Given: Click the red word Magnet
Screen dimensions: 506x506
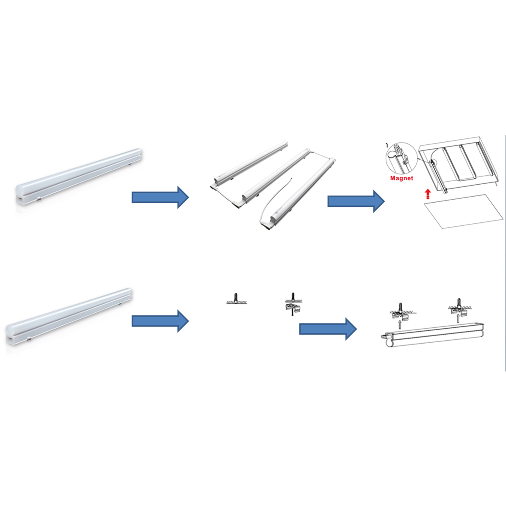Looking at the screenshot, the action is pyautogui.click(x=401, y=178).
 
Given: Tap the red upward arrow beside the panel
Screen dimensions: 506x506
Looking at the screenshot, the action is pyautogui.click(x=428, y=194).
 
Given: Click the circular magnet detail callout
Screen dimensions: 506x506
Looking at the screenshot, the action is pyautogui.click(x=402, y=159).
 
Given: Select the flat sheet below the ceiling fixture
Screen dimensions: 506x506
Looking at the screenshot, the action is pyautogui.click(x=464, y=211).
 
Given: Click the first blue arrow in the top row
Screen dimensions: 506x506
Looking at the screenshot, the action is pyautogui.click(x=160, y=197).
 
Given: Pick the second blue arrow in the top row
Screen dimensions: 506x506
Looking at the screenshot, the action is pyautogui.click(x=356, y=201).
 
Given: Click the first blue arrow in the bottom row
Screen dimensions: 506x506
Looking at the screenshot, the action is pyautogui.click(x=160, y=321).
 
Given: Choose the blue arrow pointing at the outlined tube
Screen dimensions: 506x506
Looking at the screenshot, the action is pyautogui.click(x=328, y=329).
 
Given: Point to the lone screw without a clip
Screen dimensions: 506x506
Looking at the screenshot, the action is pyautogui.click(x=236, y=299).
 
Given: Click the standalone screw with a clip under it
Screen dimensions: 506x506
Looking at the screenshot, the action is pyautogui.click(x=293, y=304).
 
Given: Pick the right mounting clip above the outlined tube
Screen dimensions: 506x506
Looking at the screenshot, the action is pyautogui.click(x=459, y=307).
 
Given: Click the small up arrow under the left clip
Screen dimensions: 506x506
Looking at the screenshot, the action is pyautogui.click(x=400, y=324).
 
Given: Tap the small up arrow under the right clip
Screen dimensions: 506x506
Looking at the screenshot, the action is pyautogui.click(x=458, y=318).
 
